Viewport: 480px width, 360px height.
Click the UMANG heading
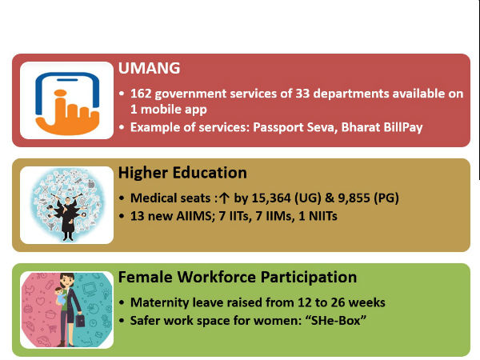148,70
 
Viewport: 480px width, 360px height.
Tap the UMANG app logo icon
66,99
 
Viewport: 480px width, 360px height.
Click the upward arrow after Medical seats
223,198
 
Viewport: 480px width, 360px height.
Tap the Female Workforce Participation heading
237,278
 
